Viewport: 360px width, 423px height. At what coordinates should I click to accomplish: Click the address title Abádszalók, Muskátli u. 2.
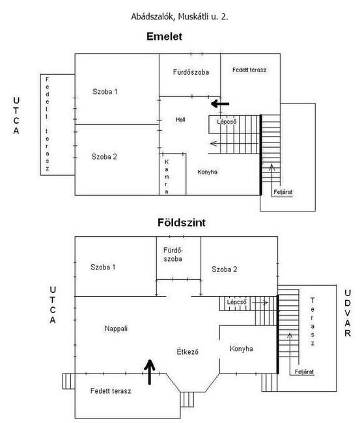pyautogui.click(x=180, y=17)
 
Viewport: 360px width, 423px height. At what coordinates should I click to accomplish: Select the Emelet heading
pyautogui.click(x=164, y=36)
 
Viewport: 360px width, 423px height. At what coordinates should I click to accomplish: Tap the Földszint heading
pyautogui.click(x=182, y=223)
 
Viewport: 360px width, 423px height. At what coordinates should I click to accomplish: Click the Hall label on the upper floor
pyautogui.click(x=180, y=120)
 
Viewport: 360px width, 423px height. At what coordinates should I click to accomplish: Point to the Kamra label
pyautogui.click(x=167, y=177)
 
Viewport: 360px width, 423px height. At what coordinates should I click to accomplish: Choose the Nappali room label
pyautogui.click(x=116, y=329)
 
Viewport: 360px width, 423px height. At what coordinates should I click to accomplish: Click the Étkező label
pyautogui.click(x=187, y=351)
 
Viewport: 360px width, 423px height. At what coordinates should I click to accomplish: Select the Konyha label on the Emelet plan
pyautogui.click(x=207, y=172)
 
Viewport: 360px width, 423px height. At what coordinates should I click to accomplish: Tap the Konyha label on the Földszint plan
pyautogui.click(x=242, y=349)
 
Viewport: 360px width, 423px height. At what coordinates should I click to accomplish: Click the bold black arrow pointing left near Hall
pyautogui.click(x=220, y=103)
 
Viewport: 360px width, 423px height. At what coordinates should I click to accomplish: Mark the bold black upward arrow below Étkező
pyautogui.click(x=150, y=372)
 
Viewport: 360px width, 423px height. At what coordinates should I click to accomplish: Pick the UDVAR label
pyautogui.click(x=348, y=313)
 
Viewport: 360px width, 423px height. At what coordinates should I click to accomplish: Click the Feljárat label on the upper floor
pyautogui.click(x=283, y=192)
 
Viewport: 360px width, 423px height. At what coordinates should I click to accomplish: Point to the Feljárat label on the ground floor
pyautogui.click(x=304, y=372)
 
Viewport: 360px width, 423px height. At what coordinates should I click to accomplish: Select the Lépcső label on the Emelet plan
pyautogui.click(x=227, y=122)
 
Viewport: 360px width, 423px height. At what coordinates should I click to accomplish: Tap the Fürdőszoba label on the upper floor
pyautogui.click(x=191, y=72)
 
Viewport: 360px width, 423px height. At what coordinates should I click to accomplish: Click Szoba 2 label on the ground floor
pyautogui.click(x=224, y=269)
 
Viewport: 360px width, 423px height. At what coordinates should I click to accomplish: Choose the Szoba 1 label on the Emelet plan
pyautogui.click(x=105, y=92)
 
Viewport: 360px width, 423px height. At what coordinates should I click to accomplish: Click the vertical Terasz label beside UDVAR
pyautogui.click(x=312, y=321)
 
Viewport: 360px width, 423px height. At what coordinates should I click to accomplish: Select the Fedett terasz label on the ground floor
pyautogui.click(x=111, y=391)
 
